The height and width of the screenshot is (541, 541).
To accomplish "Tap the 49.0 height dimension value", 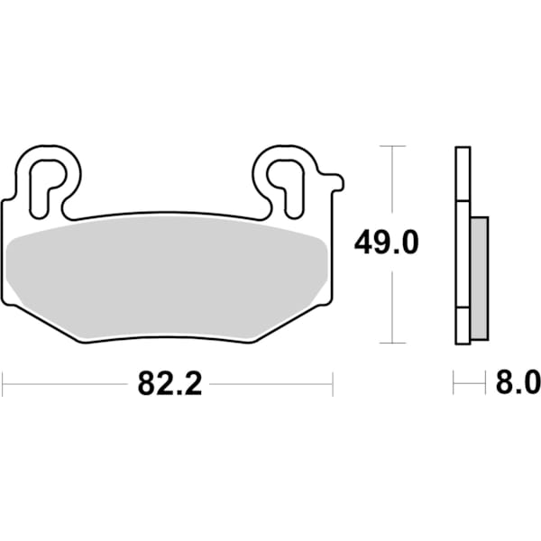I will click(388, 243).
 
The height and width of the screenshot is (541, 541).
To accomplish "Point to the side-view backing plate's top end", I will click(461, 150).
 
